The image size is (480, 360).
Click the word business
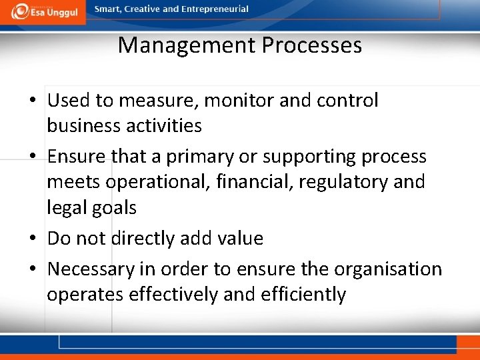[x=82, y=125]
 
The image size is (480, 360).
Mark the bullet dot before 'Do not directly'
[x=33, y=239]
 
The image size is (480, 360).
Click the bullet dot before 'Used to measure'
[x=33, y=101]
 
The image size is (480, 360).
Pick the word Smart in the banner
[x=109, y=9]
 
